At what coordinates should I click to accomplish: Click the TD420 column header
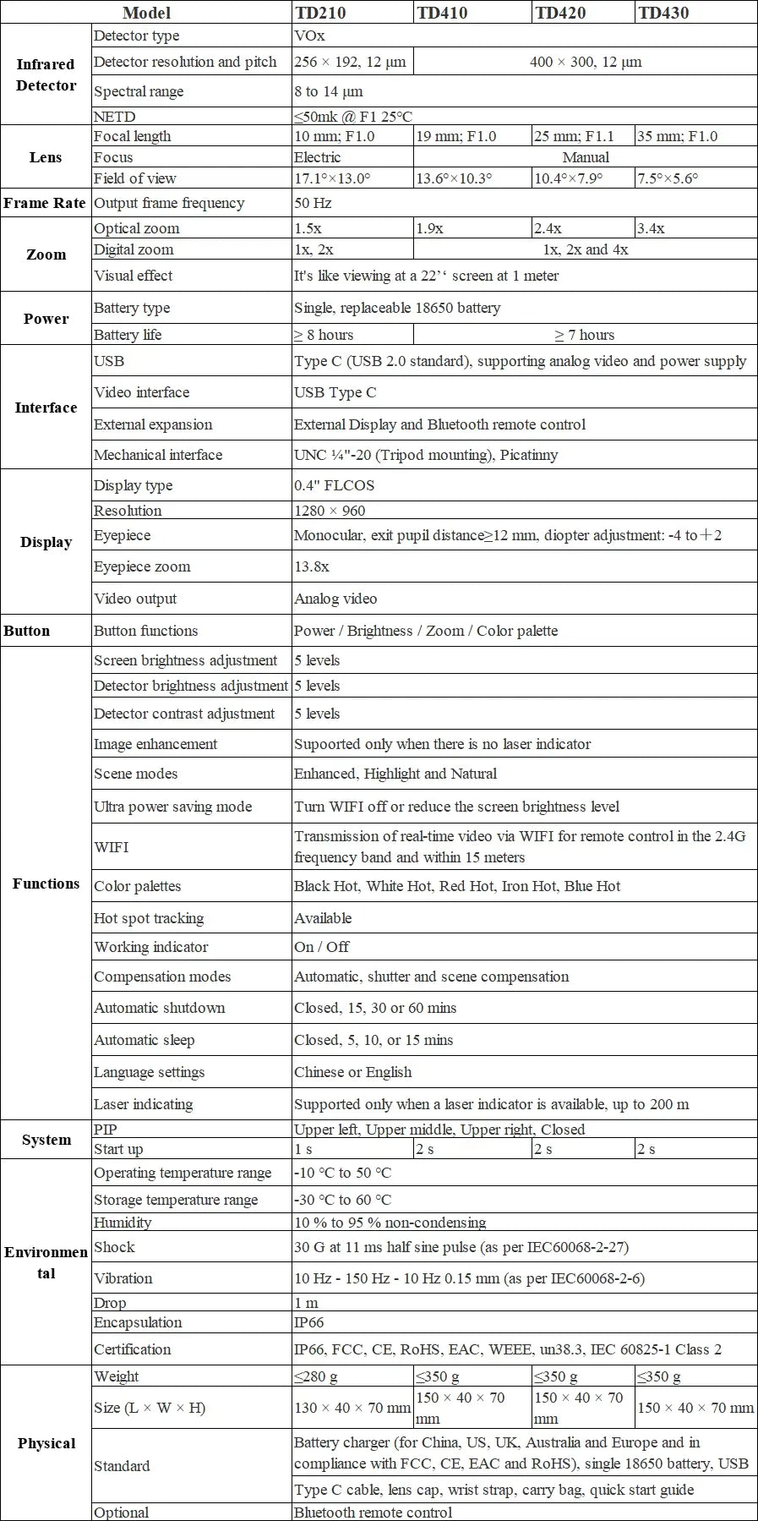560,13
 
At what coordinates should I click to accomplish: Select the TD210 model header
320,13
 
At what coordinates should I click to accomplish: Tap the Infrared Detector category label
46,74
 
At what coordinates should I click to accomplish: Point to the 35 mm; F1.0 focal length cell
677,136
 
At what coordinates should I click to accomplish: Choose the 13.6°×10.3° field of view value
454,178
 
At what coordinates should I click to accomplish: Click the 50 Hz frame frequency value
313,203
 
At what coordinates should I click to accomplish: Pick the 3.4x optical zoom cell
651,228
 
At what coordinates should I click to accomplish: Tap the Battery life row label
128,335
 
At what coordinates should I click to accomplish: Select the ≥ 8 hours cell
324,335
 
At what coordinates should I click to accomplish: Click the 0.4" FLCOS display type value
334,485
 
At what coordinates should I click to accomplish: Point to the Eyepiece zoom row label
142,566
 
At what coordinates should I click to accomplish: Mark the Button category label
27,631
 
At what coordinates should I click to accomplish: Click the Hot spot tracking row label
149,918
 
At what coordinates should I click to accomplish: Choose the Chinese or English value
352,1072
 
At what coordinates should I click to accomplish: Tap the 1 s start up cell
303,1149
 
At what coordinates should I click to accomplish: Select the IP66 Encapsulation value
308,1322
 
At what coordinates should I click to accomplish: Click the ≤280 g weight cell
315,1376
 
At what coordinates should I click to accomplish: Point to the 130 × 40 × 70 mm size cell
352,1408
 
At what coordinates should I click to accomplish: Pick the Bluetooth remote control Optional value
373,1513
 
